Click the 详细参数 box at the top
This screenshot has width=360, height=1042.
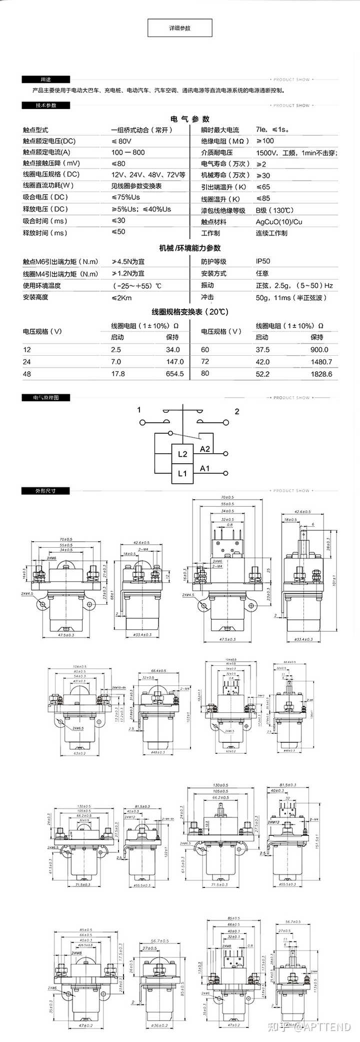coord(180,28)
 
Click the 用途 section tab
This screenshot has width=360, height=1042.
coord(45,80)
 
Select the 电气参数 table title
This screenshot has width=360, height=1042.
coord(190,119)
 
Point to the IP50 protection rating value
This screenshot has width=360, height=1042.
coord(263,261)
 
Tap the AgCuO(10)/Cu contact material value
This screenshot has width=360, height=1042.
coord(279,222)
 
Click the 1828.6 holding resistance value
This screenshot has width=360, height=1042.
coord(321,374)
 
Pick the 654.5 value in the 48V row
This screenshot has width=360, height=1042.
coord(174,374)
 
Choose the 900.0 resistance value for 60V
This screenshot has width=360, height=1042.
coord(319,350)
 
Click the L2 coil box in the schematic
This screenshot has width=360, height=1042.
coord(182,454)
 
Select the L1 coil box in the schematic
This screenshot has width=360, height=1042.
coord(182,473)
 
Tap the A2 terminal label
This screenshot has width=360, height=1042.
coord(205,449)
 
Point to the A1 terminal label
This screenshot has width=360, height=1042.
coord(205,469)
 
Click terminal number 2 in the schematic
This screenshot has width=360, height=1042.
coord(237,412)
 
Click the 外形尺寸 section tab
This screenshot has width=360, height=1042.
coord(45,491)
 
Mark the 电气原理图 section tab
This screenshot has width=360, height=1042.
coord(45,398)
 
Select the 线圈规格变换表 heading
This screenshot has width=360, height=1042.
coord(190,312)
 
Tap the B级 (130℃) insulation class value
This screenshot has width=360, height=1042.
coord(275,211)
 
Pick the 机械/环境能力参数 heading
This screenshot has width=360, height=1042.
coord(190,248)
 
